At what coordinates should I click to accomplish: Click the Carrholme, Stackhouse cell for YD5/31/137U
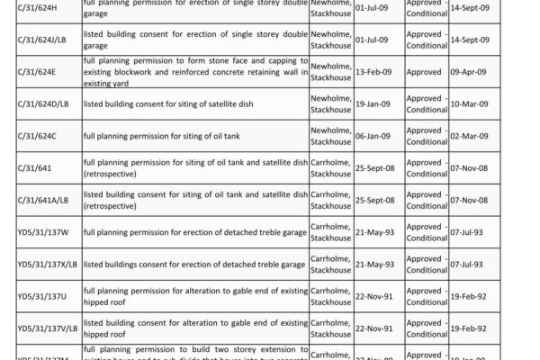331,295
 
